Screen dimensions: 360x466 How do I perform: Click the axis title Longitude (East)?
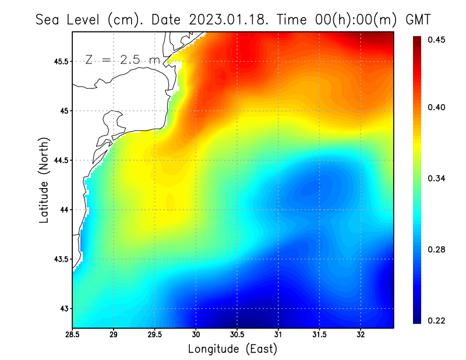(x=232, y=349)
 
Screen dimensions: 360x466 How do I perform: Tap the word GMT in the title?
(x=418, y=19)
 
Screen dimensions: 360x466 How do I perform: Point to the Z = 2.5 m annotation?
(x=122, y=60)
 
